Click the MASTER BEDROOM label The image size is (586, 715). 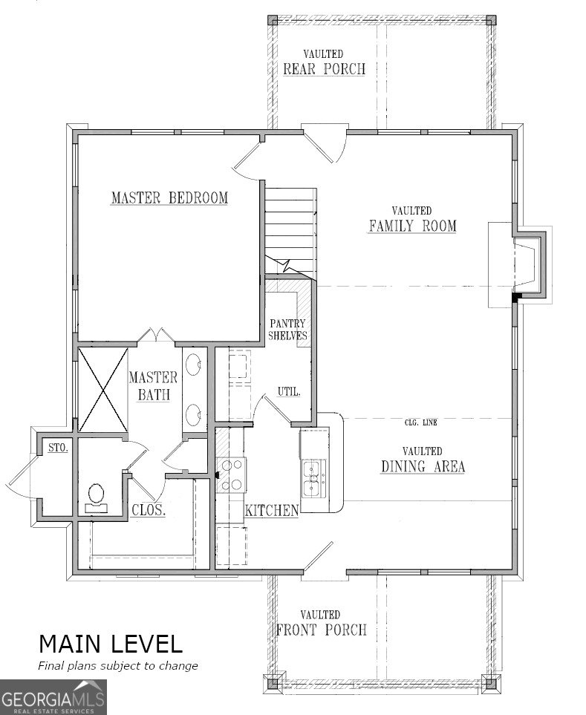point(169,198)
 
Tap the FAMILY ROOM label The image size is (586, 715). point(412,226)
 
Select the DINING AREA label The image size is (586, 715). point(423,466)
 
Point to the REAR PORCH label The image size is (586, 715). point(324,69)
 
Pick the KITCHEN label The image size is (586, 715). point(272,510)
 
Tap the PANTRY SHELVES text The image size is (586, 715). point(287,330)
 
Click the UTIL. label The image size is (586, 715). point(289,391)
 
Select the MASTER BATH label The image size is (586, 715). point(153,385)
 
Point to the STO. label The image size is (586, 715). point(58,447)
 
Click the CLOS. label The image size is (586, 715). point(148,511)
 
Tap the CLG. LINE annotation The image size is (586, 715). point(420,422)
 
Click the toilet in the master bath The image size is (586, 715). point(97,497)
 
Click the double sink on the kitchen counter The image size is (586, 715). point(312,478)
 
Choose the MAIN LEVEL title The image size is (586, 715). point(110,643)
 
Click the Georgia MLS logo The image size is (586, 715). point(53,698)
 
